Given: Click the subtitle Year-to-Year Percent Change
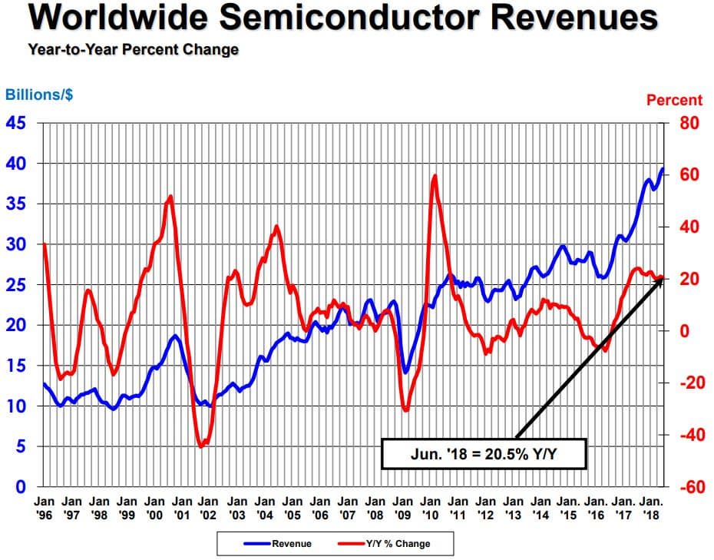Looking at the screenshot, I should (x=133, y=50).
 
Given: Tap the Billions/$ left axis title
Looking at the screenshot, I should (x=40, y=95).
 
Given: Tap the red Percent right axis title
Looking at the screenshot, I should (x=674, y=100).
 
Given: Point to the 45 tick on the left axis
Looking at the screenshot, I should (x=17, y=124).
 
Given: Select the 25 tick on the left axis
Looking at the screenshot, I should (x=17, y=285).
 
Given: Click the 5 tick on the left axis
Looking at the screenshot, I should (x=21, y=446).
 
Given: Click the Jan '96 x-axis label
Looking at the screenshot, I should (x=44, y=507).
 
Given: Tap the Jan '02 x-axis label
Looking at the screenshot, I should (x=210, y=507).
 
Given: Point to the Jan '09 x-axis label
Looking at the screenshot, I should (x=402, y=507).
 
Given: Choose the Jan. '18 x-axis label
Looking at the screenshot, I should (x=652, y=507).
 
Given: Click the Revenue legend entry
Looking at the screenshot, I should (x=278, y=544).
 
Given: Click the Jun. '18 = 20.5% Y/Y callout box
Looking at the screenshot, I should (x=484, y=453).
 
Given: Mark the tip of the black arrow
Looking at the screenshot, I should (x=662, y=278).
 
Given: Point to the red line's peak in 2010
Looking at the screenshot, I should (x=435, y=176).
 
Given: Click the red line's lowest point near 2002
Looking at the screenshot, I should (x=201, y=446).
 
